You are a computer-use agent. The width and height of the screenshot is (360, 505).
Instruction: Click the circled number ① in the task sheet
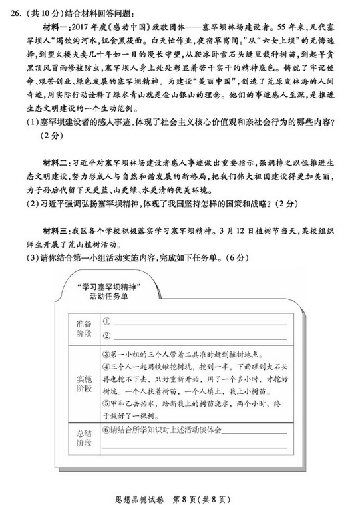[x=106, y=320]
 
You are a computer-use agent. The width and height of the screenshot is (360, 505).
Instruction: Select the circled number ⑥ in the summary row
[x=106, y=430]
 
